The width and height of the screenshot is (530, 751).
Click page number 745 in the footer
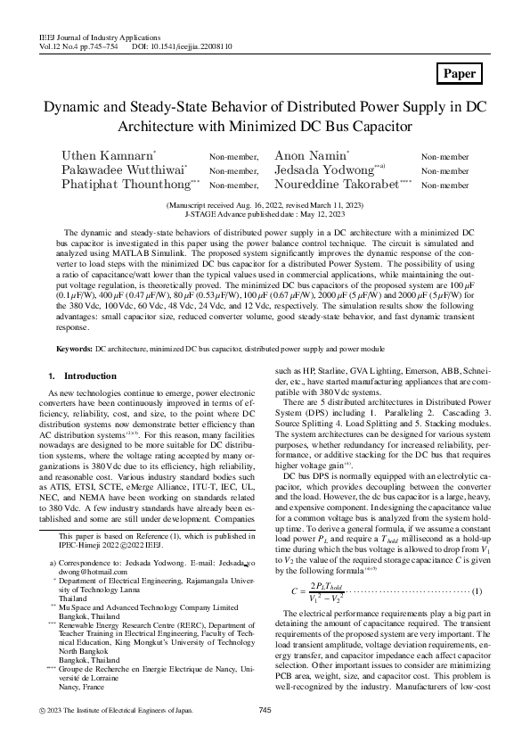tap(264, 734)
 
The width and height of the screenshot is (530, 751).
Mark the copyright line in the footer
tap(118, 734)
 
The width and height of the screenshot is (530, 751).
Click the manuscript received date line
tap(265, 205)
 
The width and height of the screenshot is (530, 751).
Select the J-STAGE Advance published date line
tap(265, 214)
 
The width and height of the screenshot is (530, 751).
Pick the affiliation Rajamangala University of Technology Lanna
tap(134, 612)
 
